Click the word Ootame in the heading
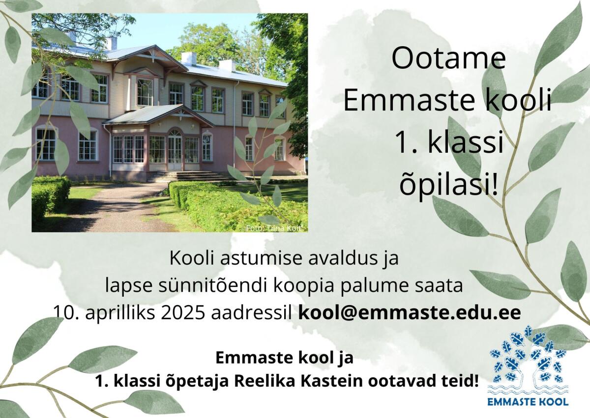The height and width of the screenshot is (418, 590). coord(448,58)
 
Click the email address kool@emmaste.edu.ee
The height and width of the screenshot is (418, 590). coord(410,312)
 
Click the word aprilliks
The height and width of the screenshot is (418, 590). coord(120,313)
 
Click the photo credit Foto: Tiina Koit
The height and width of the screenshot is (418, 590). coord(273,228)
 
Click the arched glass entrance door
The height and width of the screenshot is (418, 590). coord(175,149)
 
